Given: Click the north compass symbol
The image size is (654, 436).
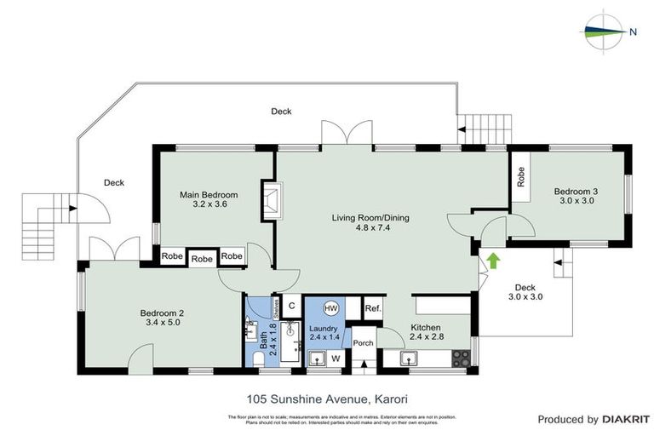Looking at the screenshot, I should pos(606,31).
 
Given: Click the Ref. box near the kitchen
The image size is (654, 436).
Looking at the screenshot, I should pos(372,307).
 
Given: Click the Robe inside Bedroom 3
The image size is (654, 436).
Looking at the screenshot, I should pos(520,176).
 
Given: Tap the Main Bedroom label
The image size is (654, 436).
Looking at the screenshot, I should pos(209,195).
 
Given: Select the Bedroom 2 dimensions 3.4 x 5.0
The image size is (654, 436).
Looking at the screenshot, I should pos(162,324).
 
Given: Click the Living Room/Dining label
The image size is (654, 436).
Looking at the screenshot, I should pos(370,218).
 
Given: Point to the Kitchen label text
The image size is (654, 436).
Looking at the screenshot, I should pos(426,327).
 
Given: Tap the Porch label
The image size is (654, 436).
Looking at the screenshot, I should pos(364,343).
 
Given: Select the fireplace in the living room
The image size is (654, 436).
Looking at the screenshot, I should pos(272,201).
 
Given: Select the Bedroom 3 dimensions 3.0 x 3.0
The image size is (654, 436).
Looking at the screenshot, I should pos(577,202).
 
